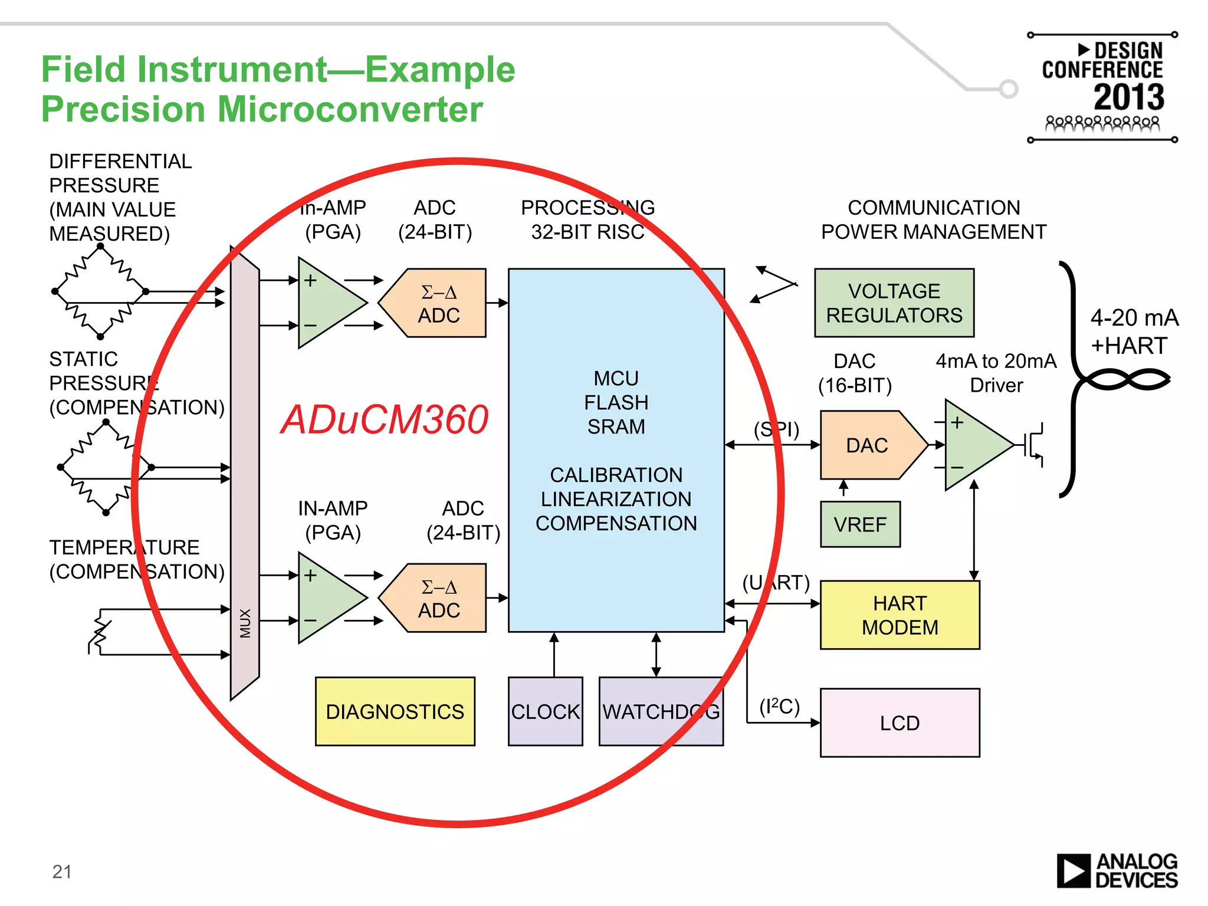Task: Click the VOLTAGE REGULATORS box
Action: [894, 303]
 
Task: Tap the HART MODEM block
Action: [900, 615]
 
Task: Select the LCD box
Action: [900, 723]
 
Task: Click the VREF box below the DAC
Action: [860, 524]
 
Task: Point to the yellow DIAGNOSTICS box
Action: [395, 711]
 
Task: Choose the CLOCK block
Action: [545, 711]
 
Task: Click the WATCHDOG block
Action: [661, 711]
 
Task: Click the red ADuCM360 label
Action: [385, 419]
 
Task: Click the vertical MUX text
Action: [245, 623]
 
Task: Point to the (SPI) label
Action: [776, 429]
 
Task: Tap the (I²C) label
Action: [779, 706]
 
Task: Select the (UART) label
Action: [776, 583]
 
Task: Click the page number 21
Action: [62, 872]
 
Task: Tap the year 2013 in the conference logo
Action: [1128, 97]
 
